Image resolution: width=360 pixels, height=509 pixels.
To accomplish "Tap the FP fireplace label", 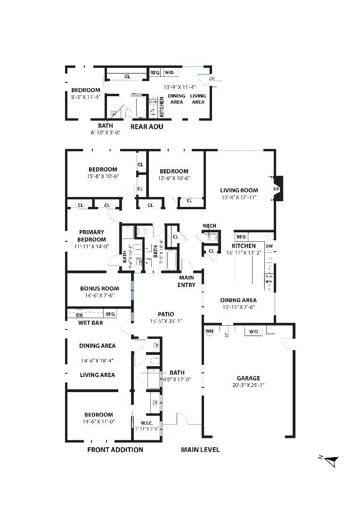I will tap(276, 189).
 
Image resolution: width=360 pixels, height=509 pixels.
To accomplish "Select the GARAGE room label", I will tap(248, 378).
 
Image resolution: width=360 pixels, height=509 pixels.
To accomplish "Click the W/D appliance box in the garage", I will tap(254, 332).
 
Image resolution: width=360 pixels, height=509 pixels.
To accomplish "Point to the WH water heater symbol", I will tap(210, 331).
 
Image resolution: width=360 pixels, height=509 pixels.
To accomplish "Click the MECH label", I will tap(209, 226).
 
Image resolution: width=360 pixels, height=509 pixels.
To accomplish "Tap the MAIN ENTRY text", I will tap(187, 281).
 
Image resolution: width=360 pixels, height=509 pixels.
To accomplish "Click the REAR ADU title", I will tap(147, 126).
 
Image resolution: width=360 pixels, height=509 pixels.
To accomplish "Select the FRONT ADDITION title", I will tap(115, 450).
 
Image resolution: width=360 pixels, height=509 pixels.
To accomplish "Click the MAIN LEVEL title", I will tap(200, 450).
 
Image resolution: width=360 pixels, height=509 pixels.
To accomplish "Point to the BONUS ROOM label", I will tap(99, 288).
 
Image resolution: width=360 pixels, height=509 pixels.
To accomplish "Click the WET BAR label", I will tap(90, 323).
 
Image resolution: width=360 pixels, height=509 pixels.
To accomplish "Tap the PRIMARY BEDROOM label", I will tap(91, 236).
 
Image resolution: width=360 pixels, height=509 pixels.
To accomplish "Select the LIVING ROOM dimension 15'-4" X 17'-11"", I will tap(239, 197).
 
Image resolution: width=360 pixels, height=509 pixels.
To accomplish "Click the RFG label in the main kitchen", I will tap(241, 237).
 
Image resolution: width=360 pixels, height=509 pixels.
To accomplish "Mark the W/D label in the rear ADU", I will tap(169, 73).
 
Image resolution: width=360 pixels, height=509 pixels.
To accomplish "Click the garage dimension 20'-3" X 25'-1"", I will tap(248, 385).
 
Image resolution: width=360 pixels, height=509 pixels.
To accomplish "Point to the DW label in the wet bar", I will tap(80, 314).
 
